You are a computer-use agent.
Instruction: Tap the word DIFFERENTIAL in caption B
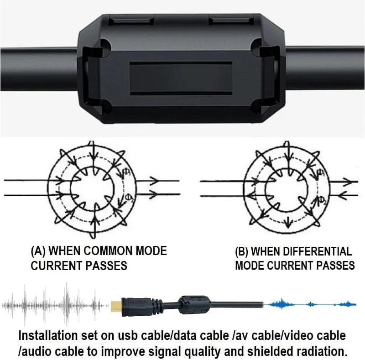pyautogui.click(x=302, y=251)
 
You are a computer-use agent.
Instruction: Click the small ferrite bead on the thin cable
pyautogui.click(x=194, y=305)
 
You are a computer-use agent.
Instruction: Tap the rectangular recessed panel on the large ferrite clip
pyautogui.click(x=181, y=78)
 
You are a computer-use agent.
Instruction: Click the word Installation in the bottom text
pyautogui.click(x=48, y=335)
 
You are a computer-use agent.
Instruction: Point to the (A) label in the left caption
pyautogui.click(x=38, y=251)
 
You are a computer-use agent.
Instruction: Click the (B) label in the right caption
pyautogui.click(x=242, y=252)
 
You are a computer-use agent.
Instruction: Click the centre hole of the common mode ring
pyautogui.click(x=93, y=188)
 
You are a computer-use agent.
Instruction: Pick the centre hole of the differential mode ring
pyautogui.click(x=287, y=188)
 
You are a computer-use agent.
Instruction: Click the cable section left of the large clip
pyautogui.click(x=39, y=69)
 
